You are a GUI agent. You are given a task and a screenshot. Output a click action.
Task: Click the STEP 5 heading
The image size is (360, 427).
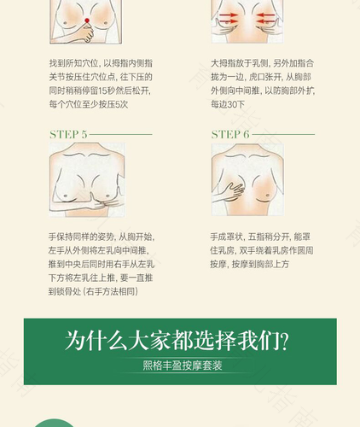(68, 134)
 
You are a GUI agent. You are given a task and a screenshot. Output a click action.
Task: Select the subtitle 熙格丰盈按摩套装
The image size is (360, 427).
(180, 366)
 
